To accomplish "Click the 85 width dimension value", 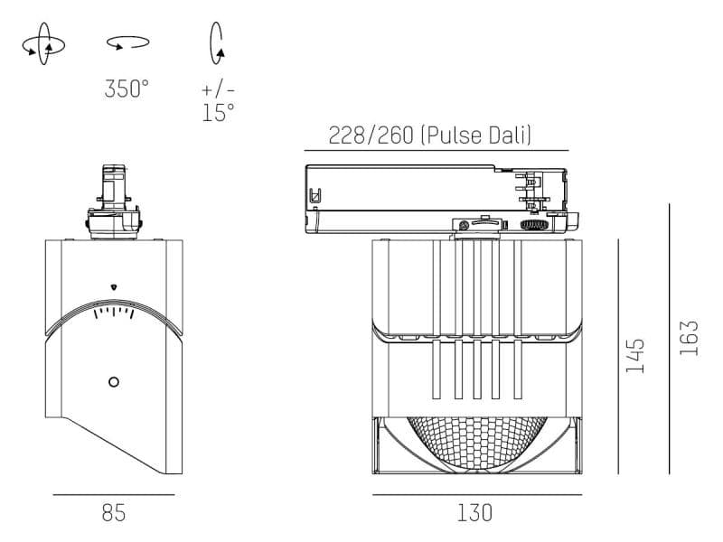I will (x=113, y=514).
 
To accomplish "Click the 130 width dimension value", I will (x=474, y=514).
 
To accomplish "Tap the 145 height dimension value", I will (x=635, y=356).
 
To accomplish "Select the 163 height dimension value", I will (x=690, y=338).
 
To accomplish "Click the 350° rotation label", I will (x=126, y=89).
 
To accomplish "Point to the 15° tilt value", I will (x=218, y=113).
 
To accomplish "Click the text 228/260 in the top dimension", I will (x=371, y=135).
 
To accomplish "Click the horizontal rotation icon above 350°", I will (x=127, y=42).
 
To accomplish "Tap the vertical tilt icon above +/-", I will (x=217, y=42).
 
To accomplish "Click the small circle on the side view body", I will (x=113, y=381).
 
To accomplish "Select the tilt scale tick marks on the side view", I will (x=114, y=313).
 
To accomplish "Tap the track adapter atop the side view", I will (x=113, y=201).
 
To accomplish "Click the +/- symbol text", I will (x=218, y=89).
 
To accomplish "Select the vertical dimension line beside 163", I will (x=670, y=338).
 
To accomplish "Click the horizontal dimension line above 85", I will (x=113, y=495).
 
